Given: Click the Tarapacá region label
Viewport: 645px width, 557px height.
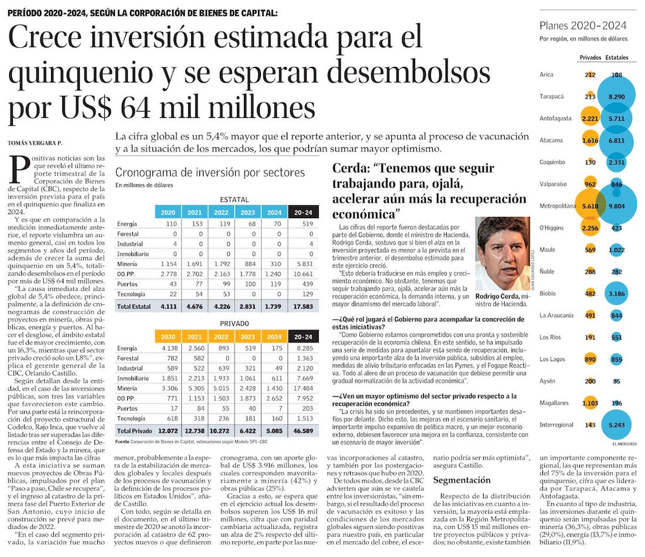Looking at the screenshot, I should click(551, 96).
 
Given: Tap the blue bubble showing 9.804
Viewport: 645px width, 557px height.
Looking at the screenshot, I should click(616, 206).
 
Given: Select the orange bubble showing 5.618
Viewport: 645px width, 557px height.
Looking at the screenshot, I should click(589, 206).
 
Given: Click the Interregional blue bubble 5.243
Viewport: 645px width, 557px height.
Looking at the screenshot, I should click(616, 424).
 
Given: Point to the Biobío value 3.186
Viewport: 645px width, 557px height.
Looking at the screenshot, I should click(616, 293).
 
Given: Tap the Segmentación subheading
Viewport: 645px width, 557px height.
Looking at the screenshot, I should click(461, 480).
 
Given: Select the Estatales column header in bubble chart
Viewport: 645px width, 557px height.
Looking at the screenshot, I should click(617, 58).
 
